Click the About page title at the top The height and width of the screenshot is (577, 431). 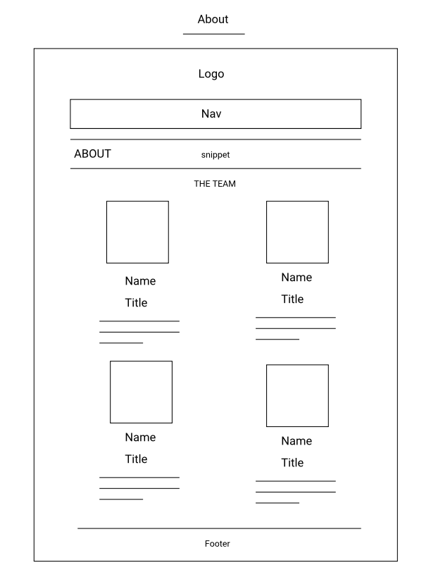pos(213,20)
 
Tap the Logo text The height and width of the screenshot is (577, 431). pos(211,74)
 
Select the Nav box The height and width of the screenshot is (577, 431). pos(216,113)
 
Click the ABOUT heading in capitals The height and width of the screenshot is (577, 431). pos(92,154)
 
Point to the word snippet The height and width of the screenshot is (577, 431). pos(216,155)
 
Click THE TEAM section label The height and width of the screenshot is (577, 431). pos(215,184)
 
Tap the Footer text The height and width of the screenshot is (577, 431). pos(217,544)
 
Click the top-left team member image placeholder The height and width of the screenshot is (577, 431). pos(137,232)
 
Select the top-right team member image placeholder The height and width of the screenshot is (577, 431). pos(297,232)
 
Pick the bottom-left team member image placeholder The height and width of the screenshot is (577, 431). pos(141,392)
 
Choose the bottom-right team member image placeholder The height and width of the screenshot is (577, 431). pos(297,395)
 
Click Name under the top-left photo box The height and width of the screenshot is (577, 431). pos(140,281)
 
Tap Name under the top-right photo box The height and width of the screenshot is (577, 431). pos(296,278)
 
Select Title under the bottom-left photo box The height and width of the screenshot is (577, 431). pos(136,459)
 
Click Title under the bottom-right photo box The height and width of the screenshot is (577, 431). pos(292,463)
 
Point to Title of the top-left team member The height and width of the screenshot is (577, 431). pos(136,303)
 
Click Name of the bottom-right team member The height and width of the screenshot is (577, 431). pos(296,441)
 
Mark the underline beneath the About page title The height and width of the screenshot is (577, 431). pos(213,34)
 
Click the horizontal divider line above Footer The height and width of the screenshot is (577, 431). pos(219,528)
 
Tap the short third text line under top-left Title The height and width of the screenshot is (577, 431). pos(121,343)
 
